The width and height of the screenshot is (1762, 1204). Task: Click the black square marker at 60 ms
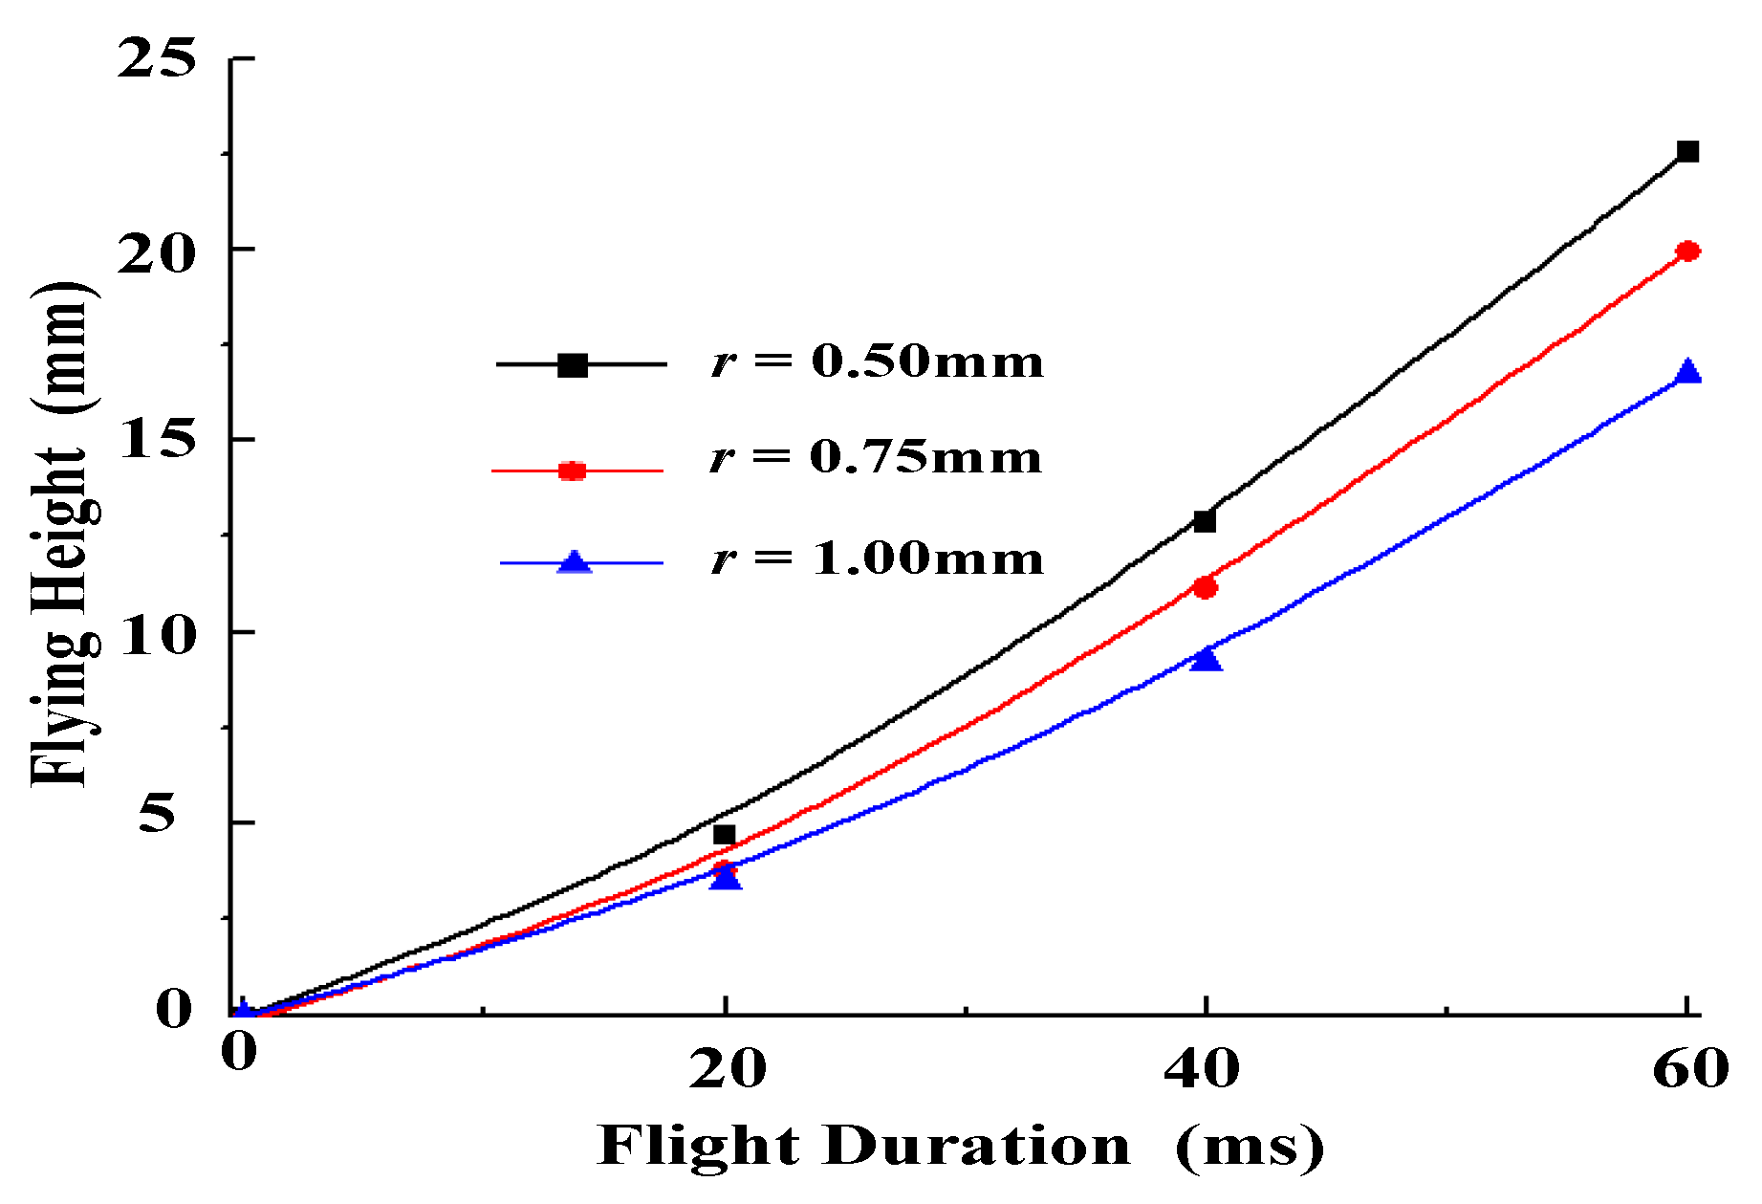click(1687, 151)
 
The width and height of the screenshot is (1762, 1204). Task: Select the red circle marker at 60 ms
click(1687, 252)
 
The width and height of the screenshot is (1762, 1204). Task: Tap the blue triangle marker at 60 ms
click(1688, 372)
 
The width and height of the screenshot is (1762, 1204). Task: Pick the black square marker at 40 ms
click(1205, 521)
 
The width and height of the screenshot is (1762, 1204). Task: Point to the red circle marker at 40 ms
click(1205, 587)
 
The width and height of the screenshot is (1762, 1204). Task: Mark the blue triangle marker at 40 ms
click(1206, 658)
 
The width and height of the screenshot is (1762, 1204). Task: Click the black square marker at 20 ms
click(725, 835)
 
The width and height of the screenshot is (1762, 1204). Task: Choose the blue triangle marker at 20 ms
click(726, 876)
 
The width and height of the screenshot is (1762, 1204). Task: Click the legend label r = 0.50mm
click(878, 361)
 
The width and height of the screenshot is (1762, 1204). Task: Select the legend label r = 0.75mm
click(876, 457)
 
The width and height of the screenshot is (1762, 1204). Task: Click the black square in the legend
click(573, 364)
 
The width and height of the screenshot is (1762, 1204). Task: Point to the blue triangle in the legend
click(574, 561)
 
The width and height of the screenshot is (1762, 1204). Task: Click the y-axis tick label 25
click(156, 58)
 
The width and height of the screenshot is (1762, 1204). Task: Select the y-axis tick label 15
click(156, 439)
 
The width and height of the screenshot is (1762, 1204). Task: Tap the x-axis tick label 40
click(1202, 1068)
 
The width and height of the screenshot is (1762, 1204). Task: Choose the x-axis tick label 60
click(1689, 1068)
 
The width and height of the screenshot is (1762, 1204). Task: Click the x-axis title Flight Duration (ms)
click(960, 1145)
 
